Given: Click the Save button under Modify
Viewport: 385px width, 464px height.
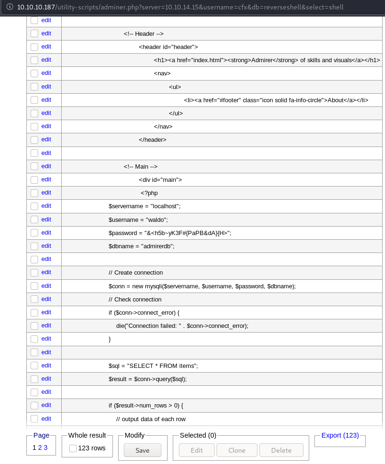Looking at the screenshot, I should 142,450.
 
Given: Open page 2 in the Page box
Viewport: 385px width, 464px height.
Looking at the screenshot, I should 40,448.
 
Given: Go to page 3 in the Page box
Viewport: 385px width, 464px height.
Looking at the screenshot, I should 46,448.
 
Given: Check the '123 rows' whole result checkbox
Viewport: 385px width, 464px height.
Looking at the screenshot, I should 73,448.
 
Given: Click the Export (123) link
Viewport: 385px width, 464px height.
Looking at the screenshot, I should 340,435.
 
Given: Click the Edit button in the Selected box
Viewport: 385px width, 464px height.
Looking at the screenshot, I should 197,450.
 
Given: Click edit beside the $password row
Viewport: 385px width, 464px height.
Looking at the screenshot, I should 46,232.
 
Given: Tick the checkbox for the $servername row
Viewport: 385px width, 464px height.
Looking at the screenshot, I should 34,206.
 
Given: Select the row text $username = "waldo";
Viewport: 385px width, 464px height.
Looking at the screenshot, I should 138,220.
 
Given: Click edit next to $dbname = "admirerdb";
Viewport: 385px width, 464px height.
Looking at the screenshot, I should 46,245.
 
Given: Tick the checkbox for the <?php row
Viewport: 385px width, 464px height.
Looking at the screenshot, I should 34,193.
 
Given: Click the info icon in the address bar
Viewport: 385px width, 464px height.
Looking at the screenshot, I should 9,7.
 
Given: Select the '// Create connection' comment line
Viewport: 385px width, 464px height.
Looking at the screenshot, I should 136,272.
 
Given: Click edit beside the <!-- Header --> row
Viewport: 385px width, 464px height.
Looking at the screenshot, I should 46,33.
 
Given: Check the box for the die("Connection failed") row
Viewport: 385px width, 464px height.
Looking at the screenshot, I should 34,326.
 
